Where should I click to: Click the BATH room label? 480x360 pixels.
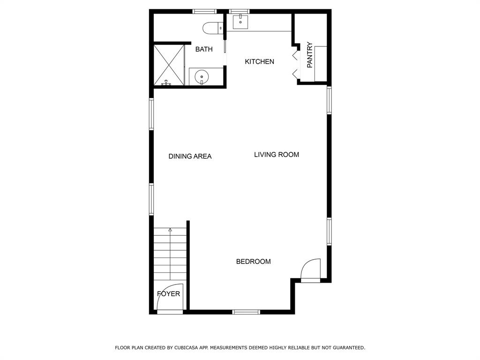[204, 49]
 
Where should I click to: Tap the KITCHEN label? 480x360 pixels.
[260, 62]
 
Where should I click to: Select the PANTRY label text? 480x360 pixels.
[310, 55]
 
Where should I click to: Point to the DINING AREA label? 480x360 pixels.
[190, 157]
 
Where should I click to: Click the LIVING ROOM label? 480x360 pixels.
[277, 155]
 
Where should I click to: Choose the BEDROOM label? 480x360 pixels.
[253, 262]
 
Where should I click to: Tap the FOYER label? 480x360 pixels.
[168, 294]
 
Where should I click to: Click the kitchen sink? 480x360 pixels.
[240, 22]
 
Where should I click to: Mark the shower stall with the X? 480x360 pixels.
[169, 65]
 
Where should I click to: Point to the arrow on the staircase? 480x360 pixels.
[170, 230]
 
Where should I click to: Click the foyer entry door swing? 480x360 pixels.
[169, 299]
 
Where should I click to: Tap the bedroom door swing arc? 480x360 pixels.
[310, 270]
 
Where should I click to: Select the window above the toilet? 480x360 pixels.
[204, 11]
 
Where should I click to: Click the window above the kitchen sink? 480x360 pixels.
[239, 11]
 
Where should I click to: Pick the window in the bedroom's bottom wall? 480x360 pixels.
[246, 312]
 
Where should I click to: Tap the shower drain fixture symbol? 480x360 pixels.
[165, 83]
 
